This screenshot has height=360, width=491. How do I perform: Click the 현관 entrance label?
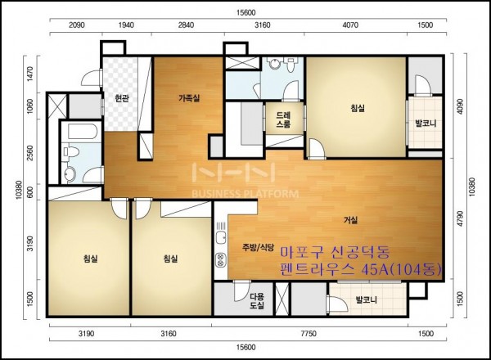121,99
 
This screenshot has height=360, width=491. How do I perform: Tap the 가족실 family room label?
189,98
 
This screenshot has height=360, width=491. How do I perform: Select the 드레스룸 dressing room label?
283,119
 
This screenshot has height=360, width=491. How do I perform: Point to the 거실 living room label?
351,220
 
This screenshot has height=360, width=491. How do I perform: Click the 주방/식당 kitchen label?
258,247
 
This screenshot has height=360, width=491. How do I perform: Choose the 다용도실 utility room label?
257,301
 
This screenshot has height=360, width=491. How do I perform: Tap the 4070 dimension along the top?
350,25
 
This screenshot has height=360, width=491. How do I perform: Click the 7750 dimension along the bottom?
309,334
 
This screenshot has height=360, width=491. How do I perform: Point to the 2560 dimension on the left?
29,153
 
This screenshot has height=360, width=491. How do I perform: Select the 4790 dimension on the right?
460,218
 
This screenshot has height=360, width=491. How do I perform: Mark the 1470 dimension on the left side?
29,74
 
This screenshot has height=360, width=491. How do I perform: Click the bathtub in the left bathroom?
81,132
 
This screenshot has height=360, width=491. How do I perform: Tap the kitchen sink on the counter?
221,237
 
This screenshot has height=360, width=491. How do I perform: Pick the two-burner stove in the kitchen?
221,260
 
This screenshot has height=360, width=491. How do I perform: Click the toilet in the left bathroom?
70,152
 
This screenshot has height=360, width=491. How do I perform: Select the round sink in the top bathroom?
275,64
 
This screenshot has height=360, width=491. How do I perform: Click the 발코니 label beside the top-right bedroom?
426,124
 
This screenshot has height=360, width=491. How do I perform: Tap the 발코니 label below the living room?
366,300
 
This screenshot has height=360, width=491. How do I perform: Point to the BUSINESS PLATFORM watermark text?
245,194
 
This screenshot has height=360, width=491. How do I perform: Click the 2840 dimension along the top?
186,25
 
